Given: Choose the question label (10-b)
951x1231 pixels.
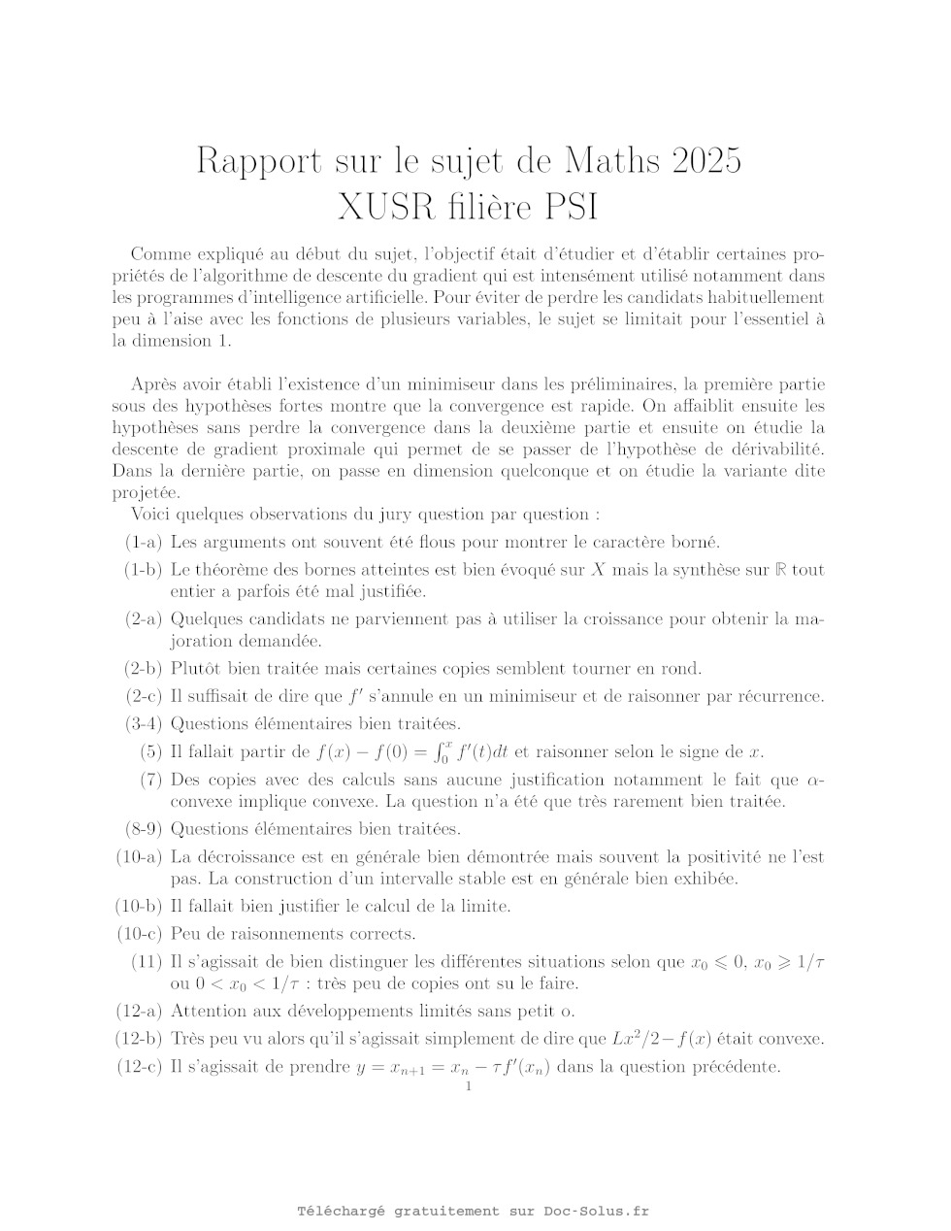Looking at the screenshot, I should click(x=139, y=907).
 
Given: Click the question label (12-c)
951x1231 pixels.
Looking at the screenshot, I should click(x=139, y=1067).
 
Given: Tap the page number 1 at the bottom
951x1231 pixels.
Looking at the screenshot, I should click(x=469, y=1086).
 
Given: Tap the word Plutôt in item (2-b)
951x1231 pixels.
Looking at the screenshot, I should click(x=195, y=668).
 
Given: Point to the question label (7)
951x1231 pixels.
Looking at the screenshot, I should click(x=150, y=780).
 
